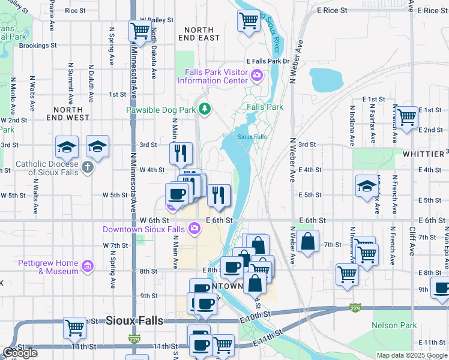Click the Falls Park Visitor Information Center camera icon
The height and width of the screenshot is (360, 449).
click(x=257, y=75)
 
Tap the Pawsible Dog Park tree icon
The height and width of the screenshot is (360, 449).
click(x=205, y=108)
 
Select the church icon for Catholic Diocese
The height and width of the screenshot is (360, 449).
click(x=88, y=166)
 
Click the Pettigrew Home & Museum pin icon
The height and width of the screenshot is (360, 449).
click(x=88, y=266)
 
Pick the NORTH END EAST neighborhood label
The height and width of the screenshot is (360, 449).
click(x=199, y=34)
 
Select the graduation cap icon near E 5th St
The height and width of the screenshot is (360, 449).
click(x=367, y=185)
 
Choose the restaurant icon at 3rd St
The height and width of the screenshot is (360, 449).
click(x=180, y=154)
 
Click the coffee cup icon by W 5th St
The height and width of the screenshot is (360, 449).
click(x=176, y=193)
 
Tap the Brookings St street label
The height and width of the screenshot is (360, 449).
click(x=38, y=45)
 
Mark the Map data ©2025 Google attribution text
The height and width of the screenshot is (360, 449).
click(x=412, y=355)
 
